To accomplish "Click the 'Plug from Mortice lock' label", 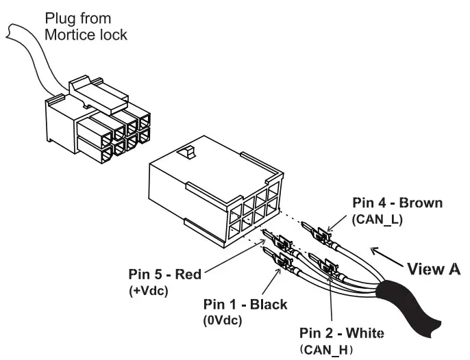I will tap(85, 25).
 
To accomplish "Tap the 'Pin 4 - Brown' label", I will tap(397, 203).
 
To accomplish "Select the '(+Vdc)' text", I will tap(150, 290).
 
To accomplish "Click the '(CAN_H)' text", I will tap(326, 350).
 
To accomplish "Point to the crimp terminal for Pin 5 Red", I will tap(282, 242).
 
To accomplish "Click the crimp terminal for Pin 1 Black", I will tap(281, 261).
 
